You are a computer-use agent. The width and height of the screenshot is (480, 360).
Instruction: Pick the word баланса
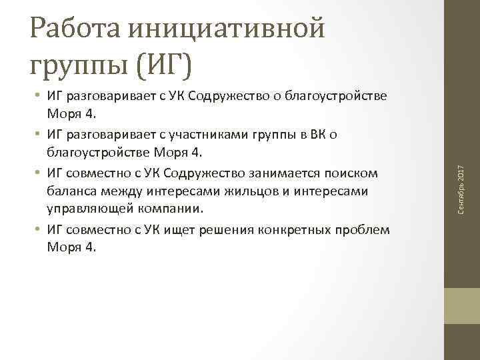click(x=71, y=192)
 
